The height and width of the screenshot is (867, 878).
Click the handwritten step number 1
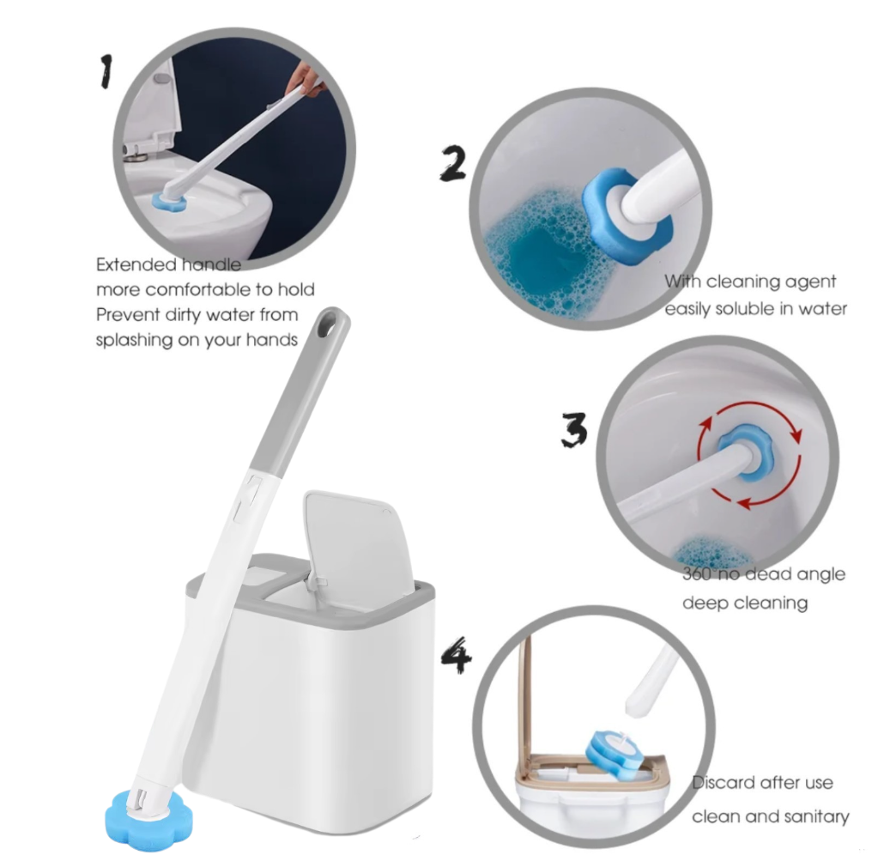coord(106,70)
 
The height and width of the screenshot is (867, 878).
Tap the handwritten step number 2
coord(453,163)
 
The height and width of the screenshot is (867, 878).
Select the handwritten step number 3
coord(574,429)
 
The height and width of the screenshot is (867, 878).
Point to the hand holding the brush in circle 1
coord(306,82)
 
